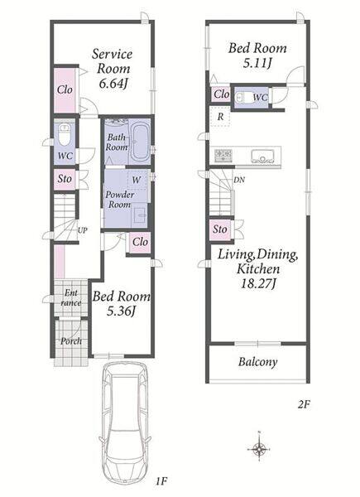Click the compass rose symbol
259,449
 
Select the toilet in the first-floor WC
65,135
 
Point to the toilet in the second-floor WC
242,97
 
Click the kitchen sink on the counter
263,156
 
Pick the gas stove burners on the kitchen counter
223,156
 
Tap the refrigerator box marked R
221,116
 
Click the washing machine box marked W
137,180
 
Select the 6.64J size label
113,84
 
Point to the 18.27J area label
257,283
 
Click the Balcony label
258,362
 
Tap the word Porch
71,341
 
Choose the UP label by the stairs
83,230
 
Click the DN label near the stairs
239,180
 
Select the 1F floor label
161,481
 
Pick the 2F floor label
304,404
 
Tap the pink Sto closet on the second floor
220,229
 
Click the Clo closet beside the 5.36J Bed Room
140,242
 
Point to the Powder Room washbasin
141,215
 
